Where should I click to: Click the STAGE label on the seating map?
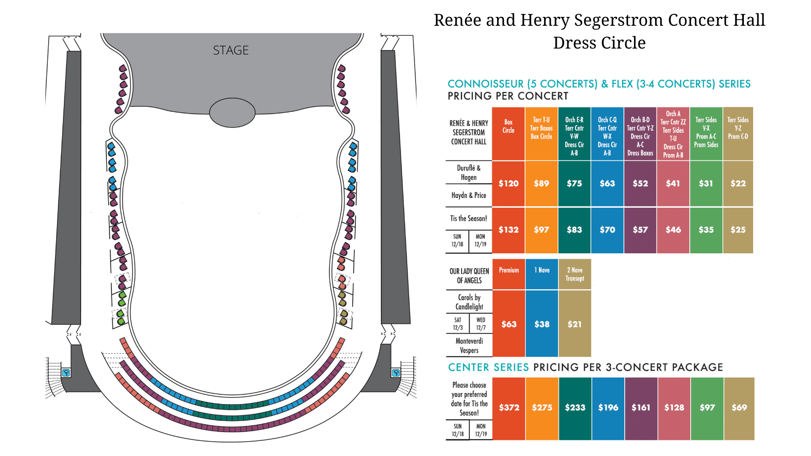tap(231, 50)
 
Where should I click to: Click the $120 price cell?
tap(509, 184)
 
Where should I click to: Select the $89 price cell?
tap(542, 184)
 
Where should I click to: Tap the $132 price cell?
tap(509, 230)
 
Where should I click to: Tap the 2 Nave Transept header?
tap(575, 274)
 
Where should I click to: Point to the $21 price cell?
tap(575, 324)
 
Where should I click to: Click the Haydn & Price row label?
tap(469, 195)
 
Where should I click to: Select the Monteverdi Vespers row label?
tap(469, 345)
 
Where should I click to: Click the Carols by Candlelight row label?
tap(469, 302)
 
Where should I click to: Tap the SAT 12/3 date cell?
tap(458, 324)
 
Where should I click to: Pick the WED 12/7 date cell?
tap(481, 324)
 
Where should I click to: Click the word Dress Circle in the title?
tap(599, 43)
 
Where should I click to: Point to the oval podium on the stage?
tap(232, 113)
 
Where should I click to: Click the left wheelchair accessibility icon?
tap(66, 373)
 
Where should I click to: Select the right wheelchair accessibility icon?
tap(396, 372)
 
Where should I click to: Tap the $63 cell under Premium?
tap(509, 324)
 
